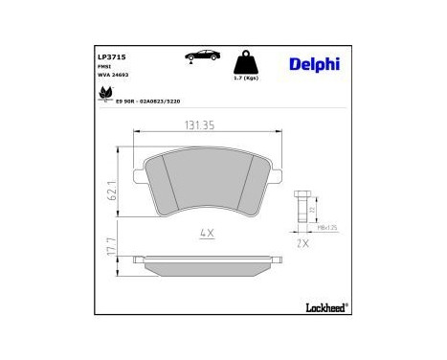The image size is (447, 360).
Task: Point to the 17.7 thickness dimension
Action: [112, 254]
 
